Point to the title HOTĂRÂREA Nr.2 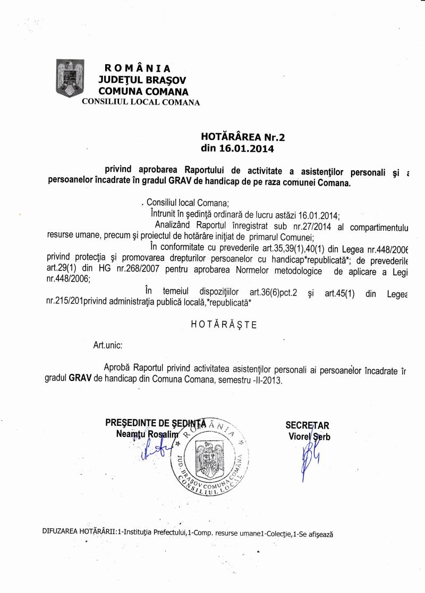pos(243,137)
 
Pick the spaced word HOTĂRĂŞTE pos(223,325)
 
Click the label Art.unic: pos(108,345)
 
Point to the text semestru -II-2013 pos(245,380)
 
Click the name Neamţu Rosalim pos(141,435)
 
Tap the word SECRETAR pos(308,425)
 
